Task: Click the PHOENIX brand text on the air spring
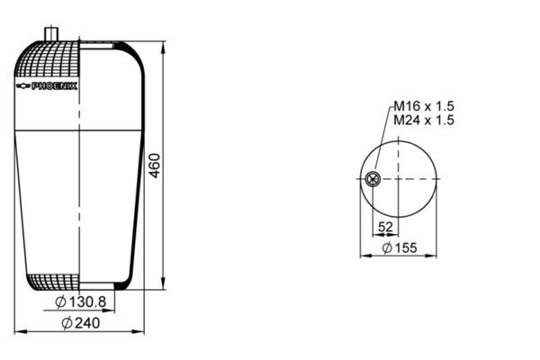[x=55, y=86]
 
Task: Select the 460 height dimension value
[x=154, y=166]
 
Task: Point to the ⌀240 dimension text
[x=82, y=322]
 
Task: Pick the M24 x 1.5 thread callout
[x=422, y=120]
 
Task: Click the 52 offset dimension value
[x=385, y=227]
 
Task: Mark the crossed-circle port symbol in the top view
[x=373, y=179]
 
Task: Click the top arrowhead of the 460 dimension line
[x=163, y=45]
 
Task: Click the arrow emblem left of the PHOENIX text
[x=23, y=86]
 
